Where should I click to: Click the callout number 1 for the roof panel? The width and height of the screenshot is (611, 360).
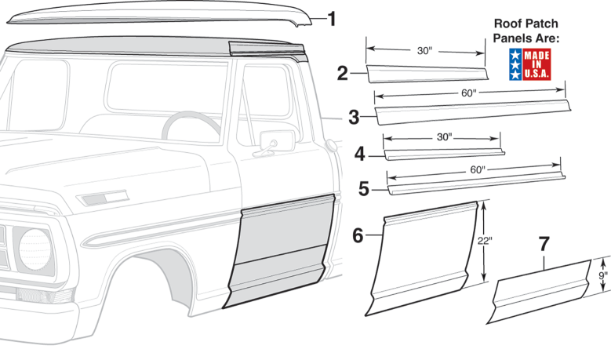click(x=332, y=19)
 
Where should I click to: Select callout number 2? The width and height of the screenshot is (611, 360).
click(x=342, y=73)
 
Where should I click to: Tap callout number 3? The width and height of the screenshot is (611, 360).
click(x=354, y=118)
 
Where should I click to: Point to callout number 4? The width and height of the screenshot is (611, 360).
click(x=360, y=155)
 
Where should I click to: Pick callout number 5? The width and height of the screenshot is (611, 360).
click(x=364, y=189)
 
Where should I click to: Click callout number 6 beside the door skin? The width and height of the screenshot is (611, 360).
click(x=358, y=235)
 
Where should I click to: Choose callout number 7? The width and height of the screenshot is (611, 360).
click(x=544, y=244)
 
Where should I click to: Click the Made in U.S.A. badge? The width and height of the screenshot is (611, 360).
click(x=530, y=64)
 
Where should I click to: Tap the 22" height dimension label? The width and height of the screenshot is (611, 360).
click(x=485, y=241)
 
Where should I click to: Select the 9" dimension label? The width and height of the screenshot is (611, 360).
click(x=603, y=275)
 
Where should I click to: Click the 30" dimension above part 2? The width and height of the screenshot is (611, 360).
click(x=425, y=51)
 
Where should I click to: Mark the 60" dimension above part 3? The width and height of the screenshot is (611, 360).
click(x=469, y=93)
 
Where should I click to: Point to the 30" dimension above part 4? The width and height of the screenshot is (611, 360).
click(x=444, y=136)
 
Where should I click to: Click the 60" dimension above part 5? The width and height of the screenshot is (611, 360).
click(x=478, y=170)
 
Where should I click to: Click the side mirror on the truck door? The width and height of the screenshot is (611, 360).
click(x=277, y=141)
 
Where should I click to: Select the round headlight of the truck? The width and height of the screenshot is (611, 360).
click(x=35, y=249)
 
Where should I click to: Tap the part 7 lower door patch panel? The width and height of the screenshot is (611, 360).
click(x=540, y=292)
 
